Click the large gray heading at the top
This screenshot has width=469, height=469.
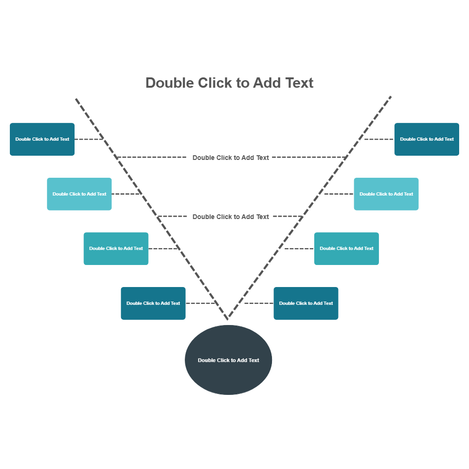click(x=229, y=83)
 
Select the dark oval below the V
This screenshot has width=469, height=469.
click(x=228, y=360)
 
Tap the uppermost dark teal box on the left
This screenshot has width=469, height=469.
click(x=42, y=139)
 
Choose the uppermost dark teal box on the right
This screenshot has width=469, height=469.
click(x=427, y=139)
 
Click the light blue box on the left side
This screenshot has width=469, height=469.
click(x=79, y=194)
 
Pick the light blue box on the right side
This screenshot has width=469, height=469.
click(x=386, y=194)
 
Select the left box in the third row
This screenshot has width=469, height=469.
click(x=116, y=249)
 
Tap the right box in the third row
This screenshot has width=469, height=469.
click(x=347, y=249)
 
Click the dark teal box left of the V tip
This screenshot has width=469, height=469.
click(x=153, y=303)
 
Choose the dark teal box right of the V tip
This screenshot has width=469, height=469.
click(x=306, y=303)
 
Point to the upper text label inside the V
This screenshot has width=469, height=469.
click(x=231, y=158)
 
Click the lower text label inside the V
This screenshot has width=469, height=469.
click(x=231, y=217)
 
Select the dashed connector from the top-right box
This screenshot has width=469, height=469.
click(x=379, y=139)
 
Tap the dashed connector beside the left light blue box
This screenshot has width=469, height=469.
click(x=126, y=194)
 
